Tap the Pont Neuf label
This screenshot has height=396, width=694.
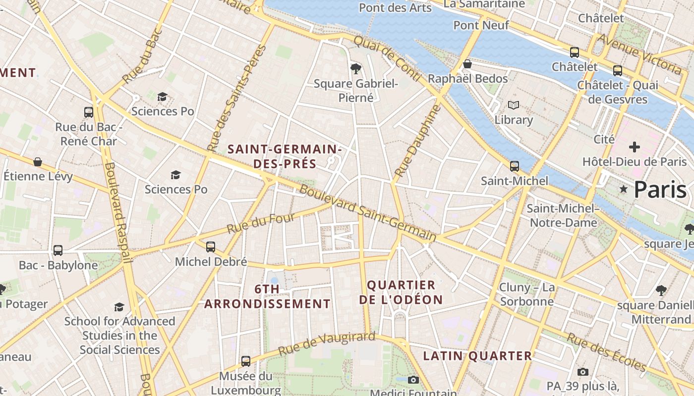(x=481, y=25)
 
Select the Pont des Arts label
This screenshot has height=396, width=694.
(x=395, y=7)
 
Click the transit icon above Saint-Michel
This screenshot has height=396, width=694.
(x=515, y=166)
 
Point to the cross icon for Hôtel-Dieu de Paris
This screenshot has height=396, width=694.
(x=634, y=147)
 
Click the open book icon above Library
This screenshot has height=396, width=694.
(x=513, y=105)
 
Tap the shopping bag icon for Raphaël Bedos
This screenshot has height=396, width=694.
(x=467, y=64)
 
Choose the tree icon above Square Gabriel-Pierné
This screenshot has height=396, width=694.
(x=355, y=68)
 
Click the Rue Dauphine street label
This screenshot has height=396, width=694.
(x=417, y=141)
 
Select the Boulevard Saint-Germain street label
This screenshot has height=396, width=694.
(x=367, y=214)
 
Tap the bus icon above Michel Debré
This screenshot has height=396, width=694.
(x=211, y=247)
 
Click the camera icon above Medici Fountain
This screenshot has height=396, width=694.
(x=413, y=380)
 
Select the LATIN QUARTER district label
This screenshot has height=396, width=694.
(x=477, y=355)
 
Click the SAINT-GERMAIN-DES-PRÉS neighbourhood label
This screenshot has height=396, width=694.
(x=285, y=156)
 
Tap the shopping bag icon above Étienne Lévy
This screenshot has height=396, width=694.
(x=38, y=162)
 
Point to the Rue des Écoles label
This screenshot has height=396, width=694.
(x=606, y=352)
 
